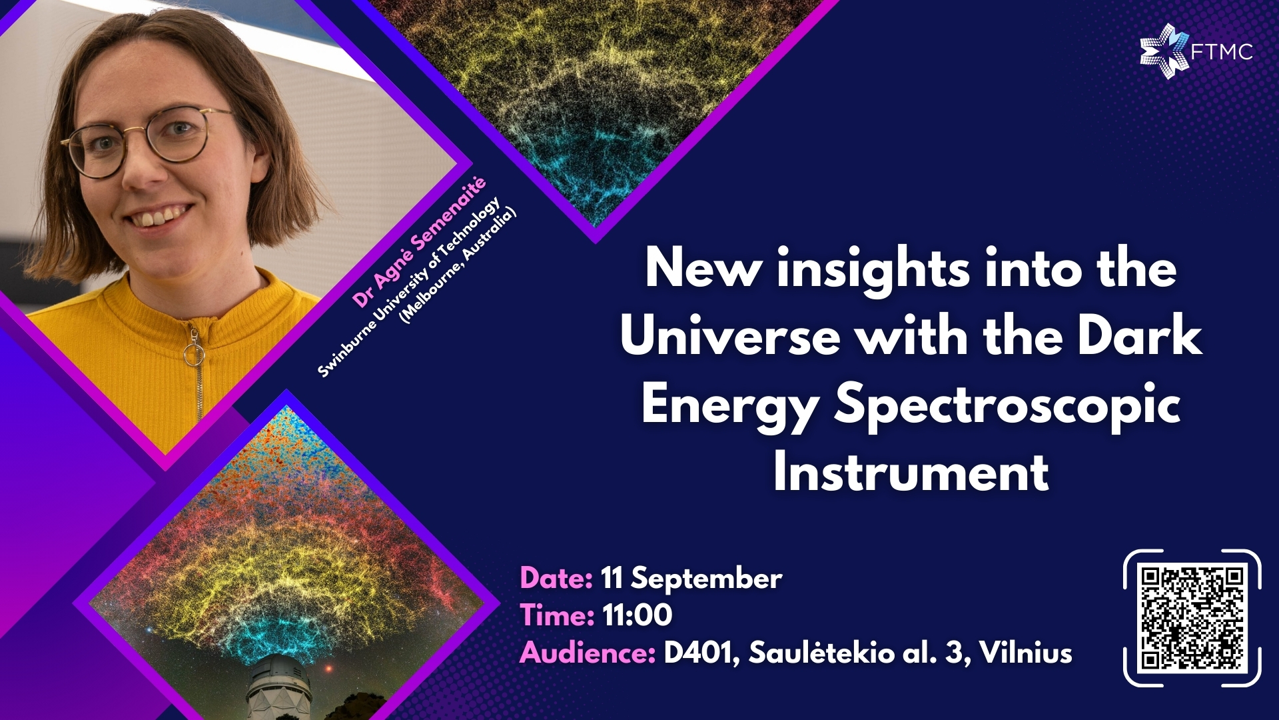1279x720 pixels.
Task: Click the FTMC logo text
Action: (x=1222, y=51)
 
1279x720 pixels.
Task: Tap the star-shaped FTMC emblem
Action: (x=1164, y=51)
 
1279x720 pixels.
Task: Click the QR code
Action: (x=1192, y=618)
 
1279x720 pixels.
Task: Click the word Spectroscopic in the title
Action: (x=1007, y=405)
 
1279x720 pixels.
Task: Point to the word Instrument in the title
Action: (x=911, y=473)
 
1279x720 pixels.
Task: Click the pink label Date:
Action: (x=556, y=578)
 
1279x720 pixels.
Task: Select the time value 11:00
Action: (x=638, y=615)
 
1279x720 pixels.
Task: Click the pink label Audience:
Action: (x=588, y=653)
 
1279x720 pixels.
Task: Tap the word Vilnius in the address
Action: (x=1026, y=653)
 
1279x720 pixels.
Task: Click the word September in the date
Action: (x=707, y=579)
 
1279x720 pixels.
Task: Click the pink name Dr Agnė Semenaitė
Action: (x=419, y=242)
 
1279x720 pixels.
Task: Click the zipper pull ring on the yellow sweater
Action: (x=194, y=355)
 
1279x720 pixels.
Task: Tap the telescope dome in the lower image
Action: (x=278, y=687)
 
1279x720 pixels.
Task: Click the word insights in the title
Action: (x=873, y=269)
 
